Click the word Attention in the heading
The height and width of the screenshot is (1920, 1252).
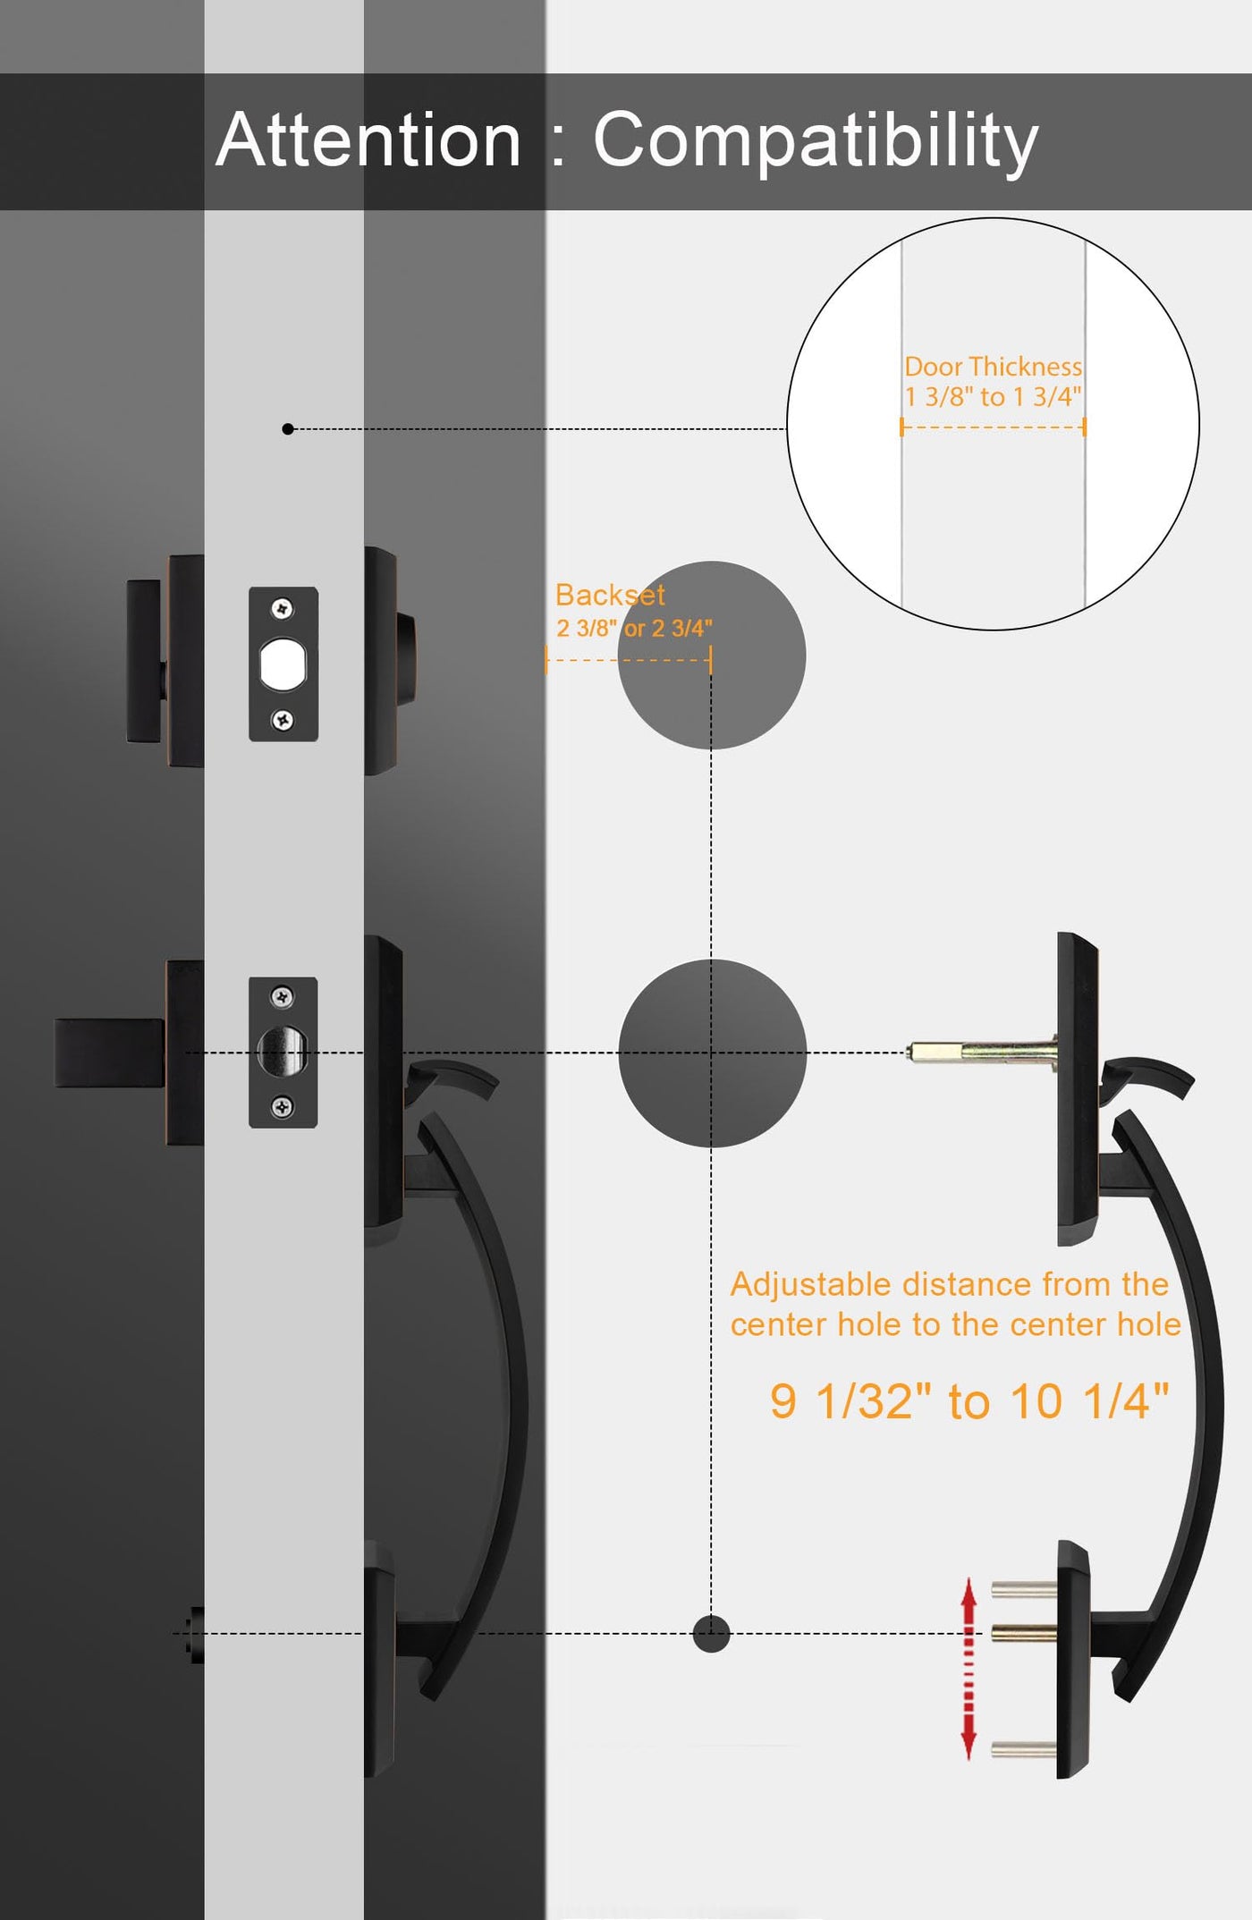point(368,140)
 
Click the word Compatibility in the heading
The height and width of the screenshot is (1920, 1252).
point(816,141)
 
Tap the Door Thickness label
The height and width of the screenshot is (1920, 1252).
point(993,367)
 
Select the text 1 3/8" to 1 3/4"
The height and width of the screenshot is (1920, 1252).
point(993,396)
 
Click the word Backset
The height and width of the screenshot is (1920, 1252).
point(610,595)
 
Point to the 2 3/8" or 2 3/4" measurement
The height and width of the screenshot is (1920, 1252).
point(634,628)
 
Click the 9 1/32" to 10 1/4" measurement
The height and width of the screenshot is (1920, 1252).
point(969,1400)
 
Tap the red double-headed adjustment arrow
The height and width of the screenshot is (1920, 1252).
point(969,1669)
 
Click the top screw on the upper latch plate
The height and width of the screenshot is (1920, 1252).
point(283,609)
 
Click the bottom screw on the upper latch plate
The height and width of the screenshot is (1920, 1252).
point(283,719)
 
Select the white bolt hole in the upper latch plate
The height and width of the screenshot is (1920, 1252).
point(283,664)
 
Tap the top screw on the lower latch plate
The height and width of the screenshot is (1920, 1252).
point(283,996)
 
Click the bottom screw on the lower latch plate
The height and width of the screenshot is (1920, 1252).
point(283,1108)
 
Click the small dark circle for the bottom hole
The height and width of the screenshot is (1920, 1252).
point(712,1634)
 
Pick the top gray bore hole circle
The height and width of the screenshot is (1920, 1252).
point(712,656)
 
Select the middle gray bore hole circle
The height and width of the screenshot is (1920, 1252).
point(712,1053)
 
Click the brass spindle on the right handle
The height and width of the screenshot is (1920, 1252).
point(982,1052)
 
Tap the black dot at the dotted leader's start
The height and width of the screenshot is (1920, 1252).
point(288,429)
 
